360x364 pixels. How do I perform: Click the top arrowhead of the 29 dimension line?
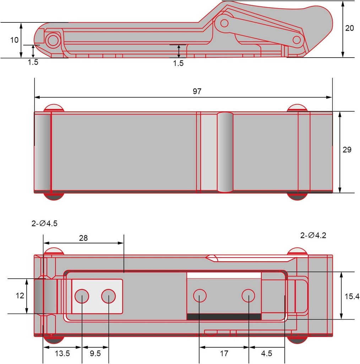[x=340, y=114]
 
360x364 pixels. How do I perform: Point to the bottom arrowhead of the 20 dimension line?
[x=343, y=54]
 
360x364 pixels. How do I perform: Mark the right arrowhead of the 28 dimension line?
[x=121, y=243]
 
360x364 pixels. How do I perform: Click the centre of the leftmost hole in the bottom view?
[x=82, y=296]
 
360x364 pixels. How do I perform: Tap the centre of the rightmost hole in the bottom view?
[x=248, y=296]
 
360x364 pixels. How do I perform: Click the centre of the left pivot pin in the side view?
[x=53, y=41]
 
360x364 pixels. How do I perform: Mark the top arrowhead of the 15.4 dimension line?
[x=341, y=275]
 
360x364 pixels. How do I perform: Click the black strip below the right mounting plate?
[x=224, y=317]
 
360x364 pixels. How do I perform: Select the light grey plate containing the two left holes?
[x=97, y=296]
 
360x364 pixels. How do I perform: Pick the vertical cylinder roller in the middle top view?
[x=225, y=152]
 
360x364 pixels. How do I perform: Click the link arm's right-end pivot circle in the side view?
[x=297, y=40]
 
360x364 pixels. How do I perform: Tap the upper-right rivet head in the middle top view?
[x=297, y=108]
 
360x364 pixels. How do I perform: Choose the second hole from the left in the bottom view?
[x=109, y=296]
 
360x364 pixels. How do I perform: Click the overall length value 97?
[x=197, y=91]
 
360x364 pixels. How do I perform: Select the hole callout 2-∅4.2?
[x=313, y=235]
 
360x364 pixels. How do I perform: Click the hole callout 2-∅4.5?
[x=44, y=223]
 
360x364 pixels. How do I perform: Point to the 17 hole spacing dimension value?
[x=224, y=353]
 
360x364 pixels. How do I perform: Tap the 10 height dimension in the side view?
[x=14, y=40]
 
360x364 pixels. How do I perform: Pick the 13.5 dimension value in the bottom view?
[x=62, y=353]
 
